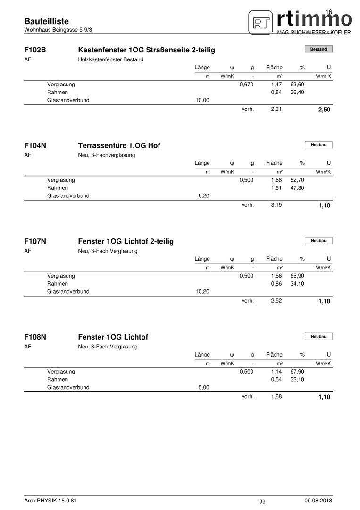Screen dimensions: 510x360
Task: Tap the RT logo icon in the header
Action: click(261, 22)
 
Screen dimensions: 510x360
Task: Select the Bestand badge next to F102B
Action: click(318, 49)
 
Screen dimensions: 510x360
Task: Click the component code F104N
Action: click(35, 145)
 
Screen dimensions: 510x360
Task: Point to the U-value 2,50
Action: click(324, 110)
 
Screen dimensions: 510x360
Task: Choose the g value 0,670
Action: click(246, 84)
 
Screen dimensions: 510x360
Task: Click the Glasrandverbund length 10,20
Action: click(202, 292)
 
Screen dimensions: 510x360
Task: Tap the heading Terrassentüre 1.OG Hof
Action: click(119, 145)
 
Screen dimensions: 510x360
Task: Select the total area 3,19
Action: click(276, 205)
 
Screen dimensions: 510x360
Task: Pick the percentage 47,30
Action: click(297, 188)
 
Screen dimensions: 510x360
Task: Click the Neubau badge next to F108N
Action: click(318, 336)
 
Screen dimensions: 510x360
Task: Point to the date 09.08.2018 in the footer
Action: click(318, 501)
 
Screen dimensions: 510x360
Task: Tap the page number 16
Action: click(329, 11)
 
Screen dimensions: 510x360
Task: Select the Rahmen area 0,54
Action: click(276, 379)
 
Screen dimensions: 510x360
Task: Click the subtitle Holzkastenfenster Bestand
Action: click(110, 59)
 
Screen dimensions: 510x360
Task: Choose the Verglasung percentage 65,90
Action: click(297, 276)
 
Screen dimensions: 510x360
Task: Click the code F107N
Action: click(35, 241)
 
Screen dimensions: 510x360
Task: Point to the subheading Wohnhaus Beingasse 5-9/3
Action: click(58, 30)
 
